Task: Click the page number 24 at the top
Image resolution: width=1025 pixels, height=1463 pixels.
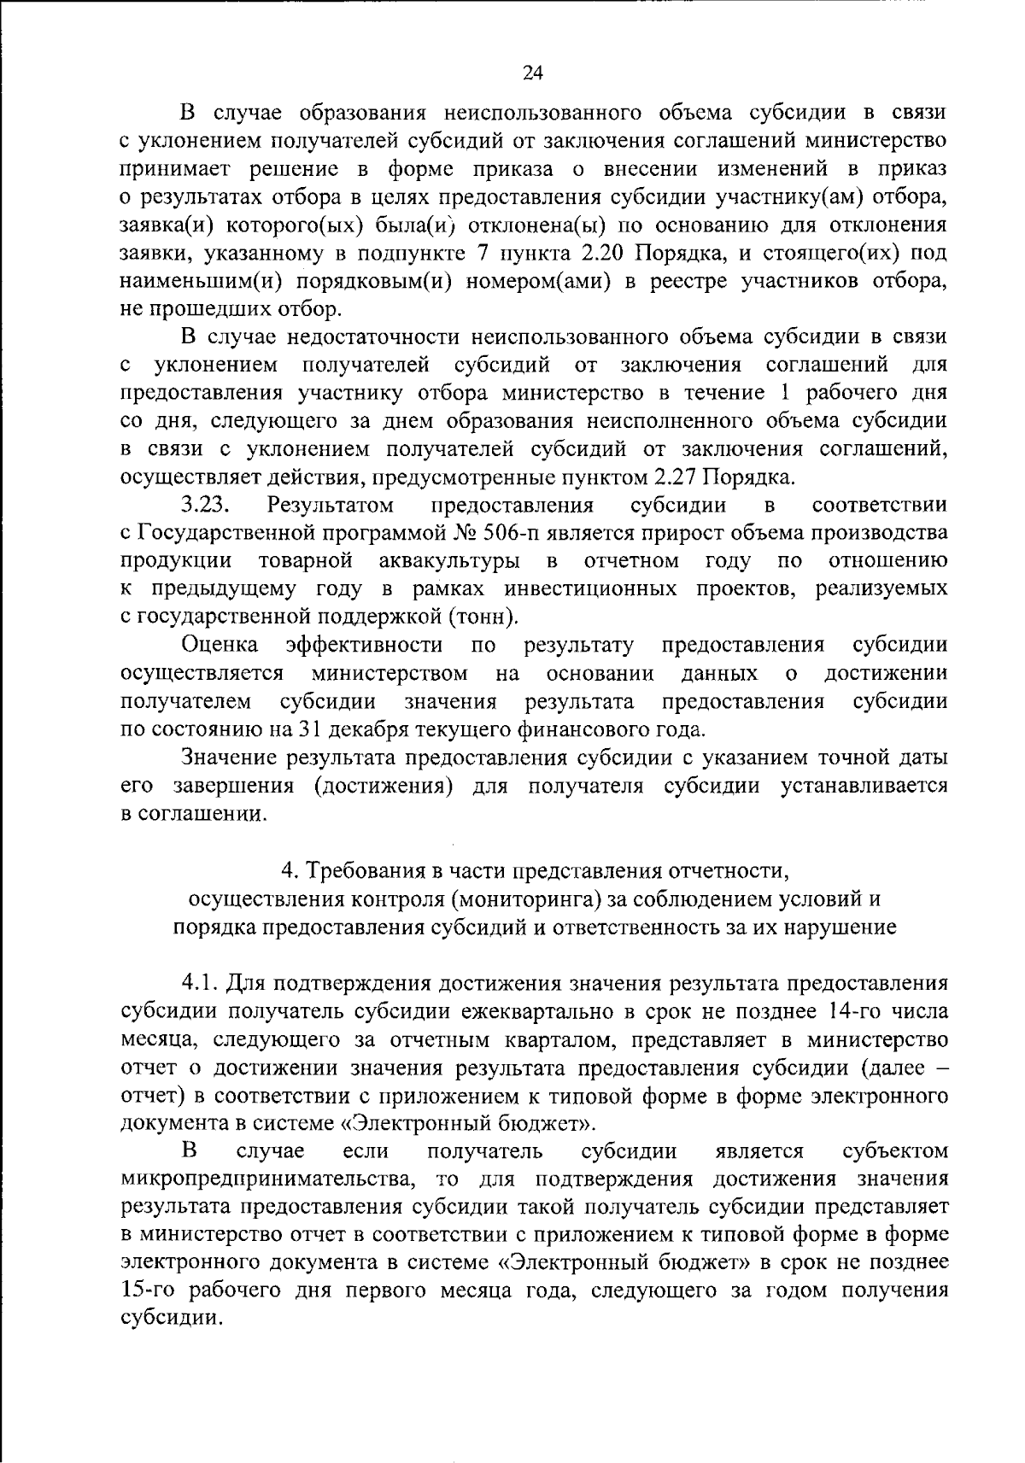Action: click(532, 73)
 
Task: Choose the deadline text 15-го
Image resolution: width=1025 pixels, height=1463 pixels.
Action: click(149, 1290)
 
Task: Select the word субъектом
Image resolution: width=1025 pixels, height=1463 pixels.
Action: click(895, 1151)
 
